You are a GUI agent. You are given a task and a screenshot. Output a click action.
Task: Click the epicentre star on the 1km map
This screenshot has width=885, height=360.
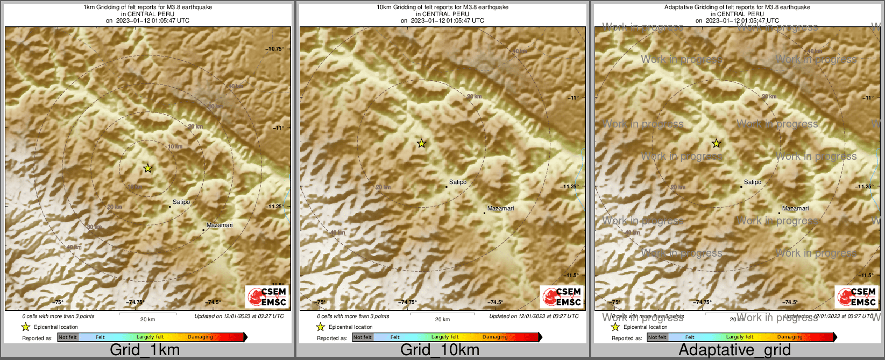(x=148, y=168)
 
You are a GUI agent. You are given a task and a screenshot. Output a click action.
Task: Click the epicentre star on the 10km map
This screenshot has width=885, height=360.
(x=422, y=143)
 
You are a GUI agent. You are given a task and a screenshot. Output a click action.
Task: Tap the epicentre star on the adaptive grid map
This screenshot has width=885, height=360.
(x=717, y=143)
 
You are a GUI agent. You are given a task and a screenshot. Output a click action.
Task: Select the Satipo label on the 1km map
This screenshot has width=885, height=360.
(x=181, y=202)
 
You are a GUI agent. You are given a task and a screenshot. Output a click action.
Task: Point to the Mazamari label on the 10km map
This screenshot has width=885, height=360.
(x=500, y=208)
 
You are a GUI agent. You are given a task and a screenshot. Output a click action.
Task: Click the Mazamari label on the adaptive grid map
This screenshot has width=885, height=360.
(x=795, y=208)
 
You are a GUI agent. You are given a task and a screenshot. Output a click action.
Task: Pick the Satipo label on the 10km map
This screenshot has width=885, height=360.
(x=458, y=182)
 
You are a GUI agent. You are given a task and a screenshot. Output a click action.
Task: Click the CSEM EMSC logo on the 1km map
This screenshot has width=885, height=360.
(x=267, y=297)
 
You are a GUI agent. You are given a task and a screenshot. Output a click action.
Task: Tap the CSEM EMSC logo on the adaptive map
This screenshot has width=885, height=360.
(x=857, y=297)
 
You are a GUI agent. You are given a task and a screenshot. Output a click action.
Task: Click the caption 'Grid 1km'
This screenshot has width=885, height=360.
(x=145, y=350)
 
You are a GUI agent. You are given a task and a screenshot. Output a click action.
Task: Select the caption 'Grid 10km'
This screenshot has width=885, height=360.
(x=440, y=350)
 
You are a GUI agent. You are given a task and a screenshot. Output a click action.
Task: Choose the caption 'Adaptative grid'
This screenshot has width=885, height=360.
(x=734, y=350)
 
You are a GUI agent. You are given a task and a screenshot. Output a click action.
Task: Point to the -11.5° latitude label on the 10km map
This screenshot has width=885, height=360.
(x=572, y=276)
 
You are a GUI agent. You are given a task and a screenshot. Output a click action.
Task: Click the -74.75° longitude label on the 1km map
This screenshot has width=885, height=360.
(x=136, y=302)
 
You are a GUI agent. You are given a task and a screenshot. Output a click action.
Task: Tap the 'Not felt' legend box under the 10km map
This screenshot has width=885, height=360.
(x=363, y=337)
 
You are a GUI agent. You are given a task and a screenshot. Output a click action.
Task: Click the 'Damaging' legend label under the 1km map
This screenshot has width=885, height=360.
(x=200, y=337)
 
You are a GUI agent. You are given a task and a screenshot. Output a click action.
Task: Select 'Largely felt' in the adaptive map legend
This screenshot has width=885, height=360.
(x=740, y=337)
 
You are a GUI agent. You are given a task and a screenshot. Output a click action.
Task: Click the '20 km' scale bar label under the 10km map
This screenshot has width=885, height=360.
(x=442, y=320)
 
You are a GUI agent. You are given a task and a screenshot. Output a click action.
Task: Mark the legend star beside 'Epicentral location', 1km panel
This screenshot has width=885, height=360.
(x=25, y=327)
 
